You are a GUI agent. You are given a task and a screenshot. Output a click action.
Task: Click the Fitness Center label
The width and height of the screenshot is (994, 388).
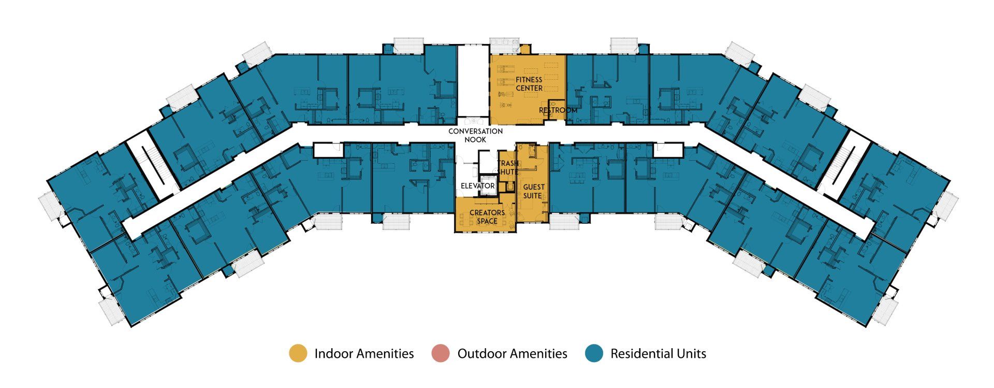[529, 84]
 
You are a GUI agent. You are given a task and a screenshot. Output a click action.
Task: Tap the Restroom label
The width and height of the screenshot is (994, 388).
[558, 110]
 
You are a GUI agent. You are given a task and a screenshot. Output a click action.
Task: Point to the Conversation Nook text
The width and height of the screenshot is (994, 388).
[475, 135]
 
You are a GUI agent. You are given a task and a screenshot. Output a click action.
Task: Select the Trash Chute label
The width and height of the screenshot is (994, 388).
[508, 167]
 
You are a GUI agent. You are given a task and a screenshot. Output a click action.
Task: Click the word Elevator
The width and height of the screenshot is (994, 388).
[477, 185]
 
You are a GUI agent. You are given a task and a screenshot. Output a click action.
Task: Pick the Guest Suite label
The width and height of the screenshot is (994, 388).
[533, 191]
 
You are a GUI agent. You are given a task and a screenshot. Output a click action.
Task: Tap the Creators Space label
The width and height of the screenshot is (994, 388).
[487, 217]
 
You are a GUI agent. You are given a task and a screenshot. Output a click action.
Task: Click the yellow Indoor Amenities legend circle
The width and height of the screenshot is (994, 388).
[298, 353]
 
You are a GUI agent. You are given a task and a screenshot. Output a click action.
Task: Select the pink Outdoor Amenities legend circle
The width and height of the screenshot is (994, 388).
[441, 353]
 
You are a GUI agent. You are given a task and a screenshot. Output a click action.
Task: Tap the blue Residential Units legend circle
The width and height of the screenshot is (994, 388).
[594, 353]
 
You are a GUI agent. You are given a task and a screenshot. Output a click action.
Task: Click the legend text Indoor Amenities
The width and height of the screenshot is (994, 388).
[364, 354]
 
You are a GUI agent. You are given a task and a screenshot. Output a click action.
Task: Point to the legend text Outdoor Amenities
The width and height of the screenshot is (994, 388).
[512, 354]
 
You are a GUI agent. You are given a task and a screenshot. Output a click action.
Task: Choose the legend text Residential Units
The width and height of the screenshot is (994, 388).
[658, 354]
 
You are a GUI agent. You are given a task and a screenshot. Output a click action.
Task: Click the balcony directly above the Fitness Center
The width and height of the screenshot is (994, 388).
[504, 46]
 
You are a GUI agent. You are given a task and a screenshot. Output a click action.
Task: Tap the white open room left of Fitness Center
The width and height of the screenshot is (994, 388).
[473, 81]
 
